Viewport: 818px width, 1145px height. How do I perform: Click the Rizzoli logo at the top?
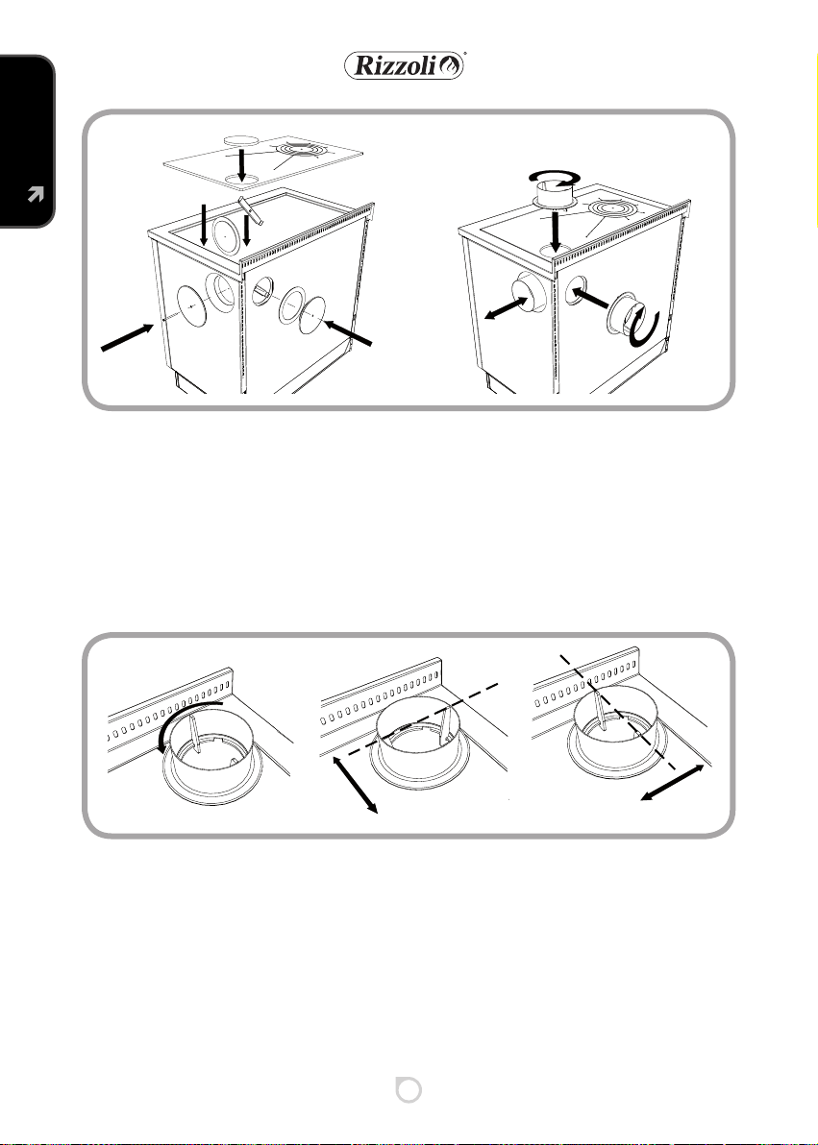click(405, 65)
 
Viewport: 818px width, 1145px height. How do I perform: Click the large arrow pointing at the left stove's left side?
click(127, 338)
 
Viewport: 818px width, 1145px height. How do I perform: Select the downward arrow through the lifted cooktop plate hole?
click(242, 166)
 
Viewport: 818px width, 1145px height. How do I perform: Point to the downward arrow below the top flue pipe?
click(556, 232)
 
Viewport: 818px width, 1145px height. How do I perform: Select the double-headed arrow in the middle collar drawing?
click(356, 785)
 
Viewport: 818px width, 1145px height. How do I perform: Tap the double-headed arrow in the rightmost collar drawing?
click(672, 783)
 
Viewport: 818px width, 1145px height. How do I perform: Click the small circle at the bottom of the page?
click(409, 1089)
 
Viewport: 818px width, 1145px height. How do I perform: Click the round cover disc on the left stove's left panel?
click(191, 306)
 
